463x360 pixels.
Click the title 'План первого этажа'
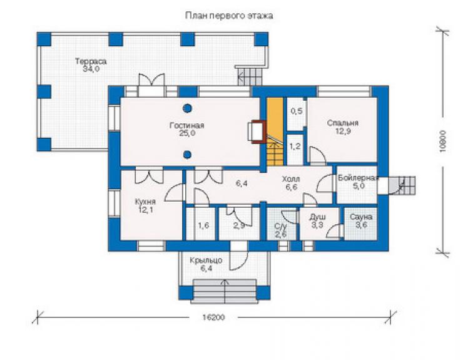point(229,16)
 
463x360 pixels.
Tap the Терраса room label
point(91,65)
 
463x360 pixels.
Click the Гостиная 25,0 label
point(186,129)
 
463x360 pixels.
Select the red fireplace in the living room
point(257,131)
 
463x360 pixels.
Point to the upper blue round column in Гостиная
point(187,108)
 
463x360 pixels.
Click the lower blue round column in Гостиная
point(187,154)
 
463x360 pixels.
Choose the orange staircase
point(275,131)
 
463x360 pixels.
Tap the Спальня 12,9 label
point(342,127)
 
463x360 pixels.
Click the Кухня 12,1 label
point(145,206)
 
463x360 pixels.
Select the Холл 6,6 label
point(291,183)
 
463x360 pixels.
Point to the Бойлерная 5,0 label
point(358,182)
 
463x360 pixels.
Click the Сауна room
point(361,224)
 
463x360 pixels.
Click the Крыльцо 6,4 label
point(206,265)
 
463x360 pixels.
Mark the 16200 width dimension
point(213,317)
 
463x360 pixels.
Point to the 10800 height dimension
point(442,141)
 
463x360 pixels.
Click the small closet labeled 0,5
point(297,114)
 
